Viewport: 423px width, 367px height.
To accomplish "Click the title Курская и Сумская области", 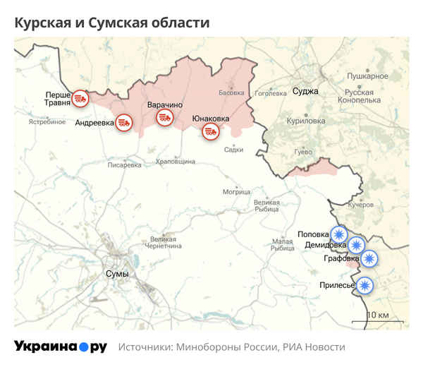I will [112, 23].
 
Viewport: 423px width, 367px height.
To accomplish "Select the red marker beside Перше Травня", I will [81, 98].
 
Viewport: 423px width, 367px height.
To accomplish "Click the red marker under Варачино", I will [165, 116].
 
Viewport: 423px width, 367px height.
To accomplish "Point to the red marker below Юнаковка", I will [210, 131].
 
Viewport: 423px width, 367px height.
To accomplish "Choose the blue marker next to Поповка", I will [340, 234].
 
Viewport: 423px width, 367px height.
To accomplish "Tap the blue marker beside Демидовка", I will [357, 246].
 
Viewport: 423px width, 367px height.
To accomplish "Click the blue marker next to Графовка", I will [369, 259].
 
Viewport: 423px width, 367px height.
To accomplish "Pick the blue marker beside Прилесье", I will [364, 285].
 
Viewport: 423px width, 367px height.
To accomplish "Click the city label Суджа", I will [305, 91].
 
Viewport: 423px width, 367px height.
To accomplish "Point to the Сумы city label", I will [116, 273].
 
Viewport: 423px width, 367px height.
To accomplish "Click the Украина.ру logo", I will [61, 347].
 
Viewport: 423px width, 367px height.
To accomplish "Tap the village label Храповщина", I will [175, 162].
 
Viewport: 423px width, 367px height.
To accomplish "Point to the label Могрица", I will [236, 191].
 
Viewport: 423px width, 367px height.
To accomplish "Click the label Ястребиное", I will [47, 122].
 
